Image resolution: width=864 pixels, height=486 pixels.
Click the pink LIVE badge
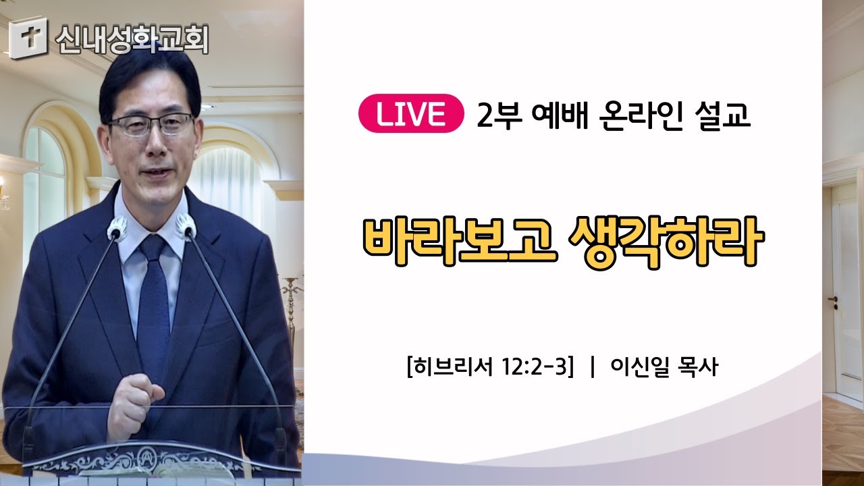coord(411,113)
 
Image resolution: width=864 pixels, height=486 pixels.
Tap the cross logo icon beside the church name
coord(28,38)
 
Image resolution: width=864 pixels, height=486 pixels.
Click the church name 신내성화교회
coord(132,39)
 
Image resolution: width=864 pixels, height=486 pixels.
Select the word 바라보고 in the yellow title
coord(460,242)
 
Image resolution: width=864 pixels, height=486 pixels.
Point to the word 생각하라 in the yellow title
coord(666,242)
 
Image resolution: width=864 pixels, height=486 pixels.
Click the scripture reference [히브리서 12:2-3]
coord(491,367)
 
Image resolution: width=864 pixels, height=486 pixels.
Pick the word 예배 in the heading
coord(560,115)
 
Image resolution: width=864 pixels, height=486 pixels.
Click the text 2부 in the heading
coord(500,115)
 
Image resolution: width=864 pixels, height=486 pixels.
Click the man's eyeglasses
coord(151,124)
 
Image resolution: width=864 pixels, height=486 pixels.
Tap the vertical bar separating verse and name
coord(593,367)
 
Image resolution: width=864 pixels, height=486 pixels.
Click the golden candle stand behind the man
coord(292,308)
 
